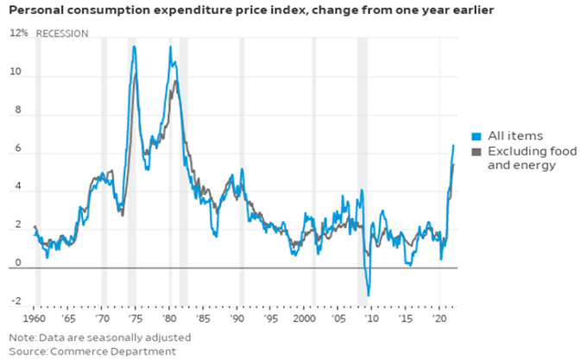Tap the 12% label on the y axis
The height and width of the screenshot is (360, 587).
[x=18, y=34]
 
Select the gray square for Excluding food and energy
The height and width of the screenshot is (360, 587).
[x=475, y=152]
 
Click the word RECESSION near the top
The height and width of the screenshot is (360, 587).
[x=61, y=34]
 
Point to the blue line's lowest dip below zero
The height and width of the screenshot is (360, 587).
[x=369, y=295]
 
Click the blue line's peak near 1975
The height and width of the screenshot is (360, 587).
[x=134, y=47]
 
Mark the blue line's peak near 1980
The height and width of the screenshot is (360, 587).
[x=170, y=47]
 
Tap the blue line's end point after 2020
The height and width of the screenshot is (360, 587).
[x=453, y=145]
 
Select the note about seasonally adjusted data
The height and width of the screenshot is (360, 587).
[x=99, y=338]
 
